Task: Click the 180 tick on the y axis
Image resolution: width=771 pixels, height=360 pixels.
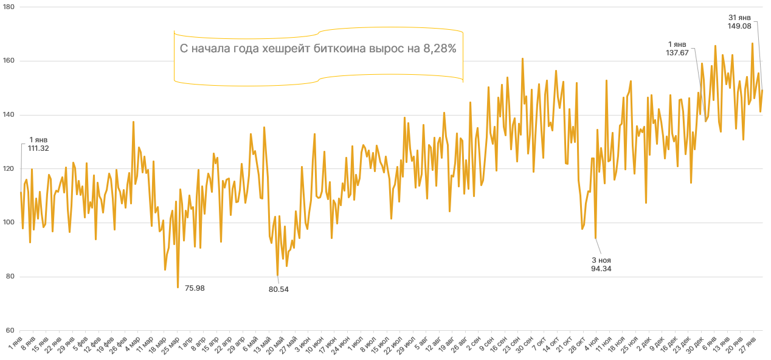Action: [x=10, y=7]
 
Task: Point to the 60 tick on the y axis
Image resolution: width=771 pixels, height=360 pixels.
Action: [x=11, y=330]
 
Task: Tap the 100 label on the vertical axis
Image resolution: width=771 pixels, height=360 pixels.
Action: [x=10, y=223]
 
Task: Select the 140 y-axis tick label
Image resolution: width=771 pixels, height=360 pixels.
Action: [x=10, y=115]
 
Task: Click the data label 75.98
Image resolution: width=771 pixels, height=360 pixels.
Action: [x=195, y=288]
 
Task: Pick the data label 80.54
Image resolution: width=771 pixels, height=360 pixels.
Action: [x=278, y=289]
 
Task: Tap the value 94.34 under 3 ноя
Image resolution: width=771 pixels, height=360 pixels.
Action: [x=601, y=268]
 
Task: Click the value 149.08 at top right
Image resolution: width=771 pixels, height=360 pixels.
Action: [x=739, y=26]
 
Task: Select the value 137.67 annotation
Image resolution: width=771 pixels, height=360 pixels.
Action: [x=677, y=53]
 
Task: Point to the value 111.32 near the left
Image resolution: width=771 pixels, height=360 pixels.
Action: [x=38, y=148]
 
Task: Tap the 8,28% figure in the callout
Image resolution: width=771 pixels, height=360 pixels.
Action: [x=436, y=49]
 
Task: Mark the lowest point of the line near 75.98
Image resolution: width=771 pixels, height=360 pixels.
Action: [x=178, y=287]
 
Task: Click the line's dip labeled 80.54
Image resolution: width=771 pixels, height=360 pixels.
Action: [x=278, y=275]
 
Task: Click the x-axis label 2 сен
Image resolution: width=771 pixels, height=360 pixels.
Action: [x=472, y=340]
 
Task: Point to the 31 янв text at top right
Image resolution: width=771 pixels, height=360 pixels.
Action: [x=739, y=17]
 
